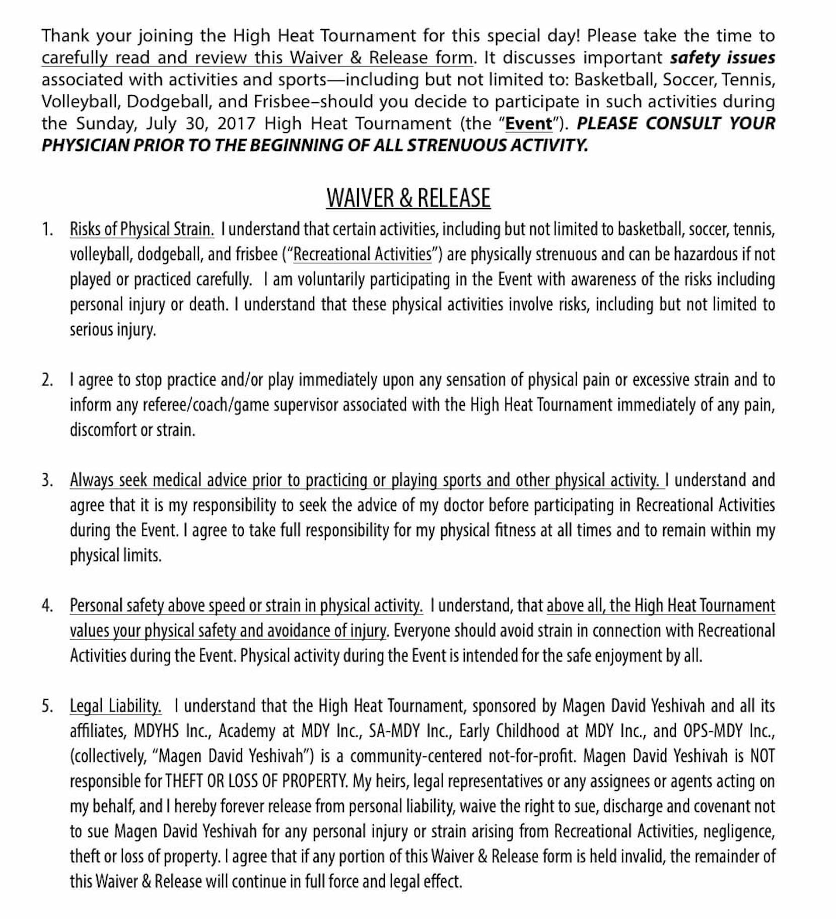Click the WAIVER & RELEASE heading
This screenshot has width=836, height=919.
(408, 198)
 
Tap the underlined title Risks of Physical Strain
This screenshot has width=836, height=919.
(142, 229)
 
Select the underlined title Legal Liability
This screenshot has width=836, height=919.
(115, 706)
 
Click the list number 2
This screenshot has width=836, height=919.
(47, 380)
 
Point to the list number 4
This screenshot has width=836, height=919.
(47, 606)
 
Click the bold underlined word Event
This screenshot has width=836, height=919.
(528, 123)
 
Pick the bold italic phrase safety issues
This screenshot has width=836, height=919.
(722, 58)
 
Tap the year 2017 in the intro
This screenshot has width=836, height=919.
(236, 123)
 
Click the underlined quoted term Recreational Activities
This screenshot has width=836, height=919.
(362, 254)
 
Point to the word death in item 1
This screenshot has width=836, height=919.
(207, 305)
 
